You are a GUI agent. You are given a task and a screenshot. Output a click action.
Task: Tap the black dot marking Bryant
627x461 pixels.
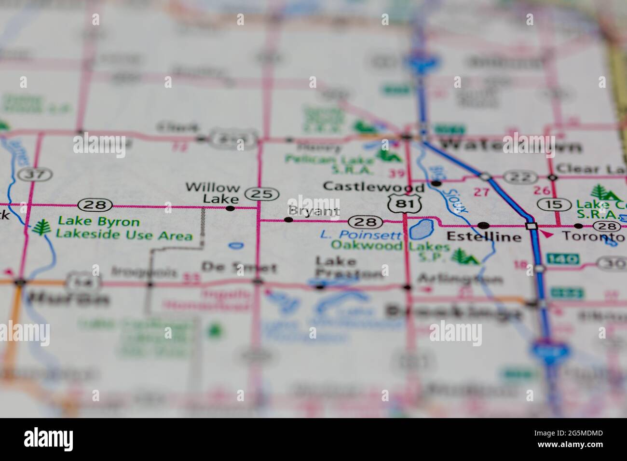[288, 220]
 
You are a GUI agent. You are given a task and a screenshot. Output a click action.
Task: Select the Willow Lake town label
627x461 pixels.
[212, 193]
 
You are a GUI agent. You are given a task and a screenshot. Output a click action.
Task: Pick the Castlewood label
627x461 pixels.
[374, 186]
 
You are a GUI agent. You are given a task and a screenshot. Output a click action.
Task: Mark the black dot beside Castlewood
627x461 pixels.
[436, 184]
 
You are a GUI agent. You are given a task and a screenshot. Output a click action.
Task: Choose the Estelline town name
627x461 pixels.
[484, 237]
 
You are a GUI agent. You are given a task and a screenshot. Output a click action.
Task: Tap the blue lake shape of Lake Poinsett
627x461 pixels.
[421, 230]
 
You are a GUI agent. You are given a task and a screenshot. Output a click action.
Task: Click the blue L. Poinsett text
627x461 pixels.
[361, 235]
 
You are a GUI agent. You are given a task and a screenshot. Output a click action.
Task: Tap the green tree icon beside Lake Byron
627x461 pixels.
[43, 228]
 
